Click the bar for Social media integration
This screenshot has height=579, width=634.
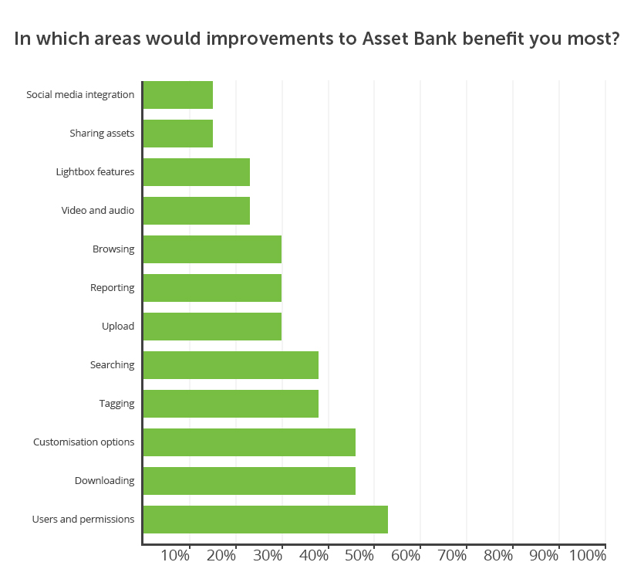pyautogui.click(x=178, y=95)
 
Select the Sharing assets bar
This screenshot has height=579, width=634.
pyautogui.click(x=178, y=134)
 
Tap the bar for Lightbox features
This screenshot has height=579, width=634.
pyautogui.click(x=197, y=172)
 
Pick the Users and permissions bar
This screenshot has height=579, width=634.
pyautogui.click(x=265, y=520)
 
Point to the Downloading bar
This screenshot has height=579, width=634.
pyautogui.click(x=249, y=481)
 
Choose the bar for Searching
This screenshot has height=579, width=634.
pyautogui.click(x=231, y=365)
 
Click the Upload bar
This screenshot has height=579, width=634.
pyautogui.click(x=212, y=327)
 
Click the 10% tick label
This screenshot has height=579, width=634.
pyautogui.click(x=175, y=556)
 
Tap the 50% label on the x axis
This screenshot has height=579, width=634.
pyautogui.click(x=359, y=556)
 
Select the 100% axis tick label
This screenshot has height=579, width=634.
pyautogui.click(x=588, y=556)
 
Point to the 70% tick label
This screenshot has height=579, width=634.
pyautogui.click(x=452, y=556)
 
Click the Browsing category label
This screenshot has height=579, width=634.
pyautogui.click(x=113, y=249)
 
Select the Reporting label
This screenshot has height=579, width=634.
pyautogui.click(x=112, y=288)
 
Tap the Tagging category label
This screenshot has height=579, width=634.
pyautogui.click(x=117, y=404)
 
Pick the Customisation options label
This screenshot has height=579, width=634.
pyautogui.click(x=84, y=442)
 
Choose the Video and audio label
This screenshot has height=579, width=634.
pyautogui.click(x=98, y=211)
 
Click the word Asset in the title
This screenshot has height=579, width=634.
pyautogui.click(x=386, y=39)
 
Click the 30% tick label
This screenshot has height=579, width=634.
pyautogui.click(x=268, y=556)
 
